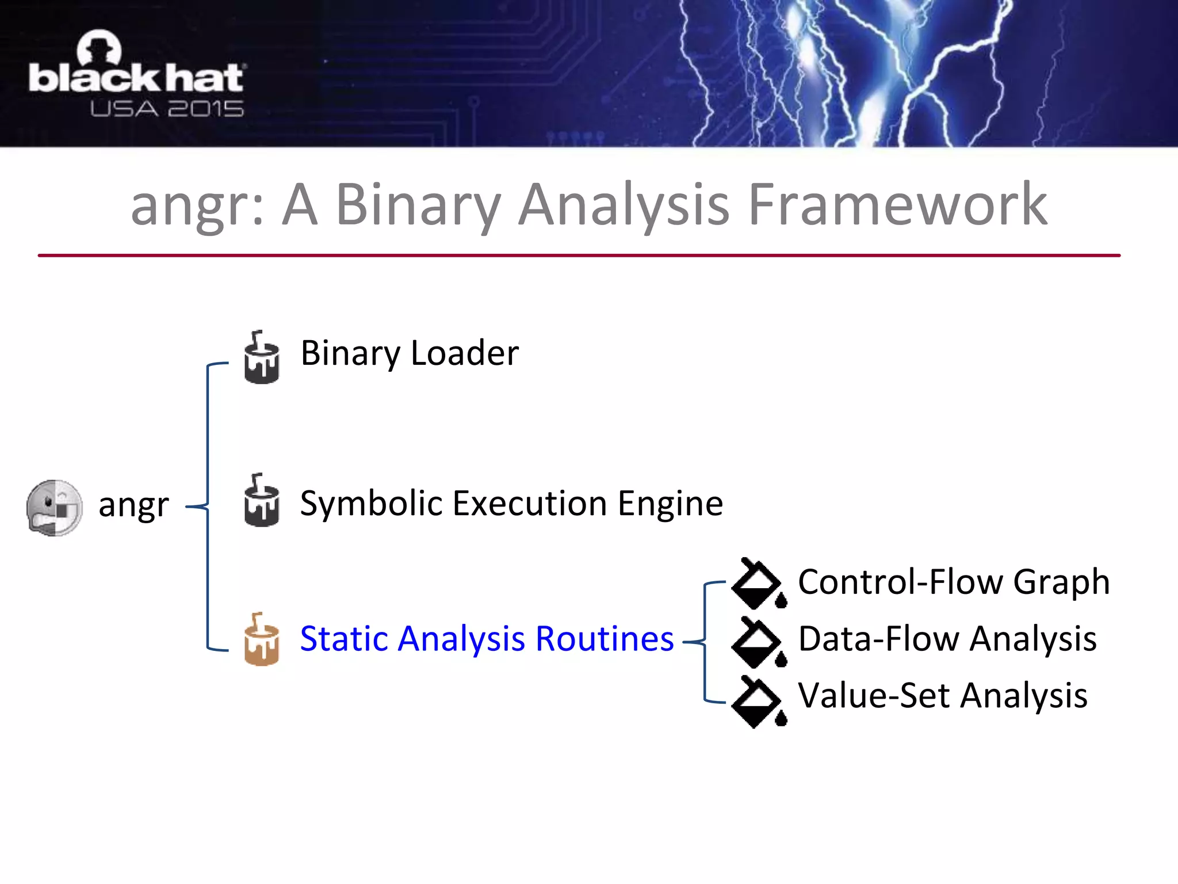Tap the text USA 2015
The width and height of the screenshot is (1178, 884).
(167, 109)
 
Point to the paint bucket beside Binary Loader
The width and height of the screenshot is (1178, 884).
(262, 357)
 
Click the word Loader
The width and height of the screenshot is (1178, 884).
(465, 353)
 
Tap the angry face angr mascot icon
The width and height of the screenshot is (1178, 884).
(55, 508)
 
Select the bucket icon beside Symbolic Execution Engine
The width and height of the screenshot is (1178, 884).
(262, 500)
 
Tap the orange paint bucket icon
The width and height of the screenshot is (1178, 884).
(262, 639)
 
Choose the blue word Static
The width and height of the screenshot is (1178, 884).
(343, 639)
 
